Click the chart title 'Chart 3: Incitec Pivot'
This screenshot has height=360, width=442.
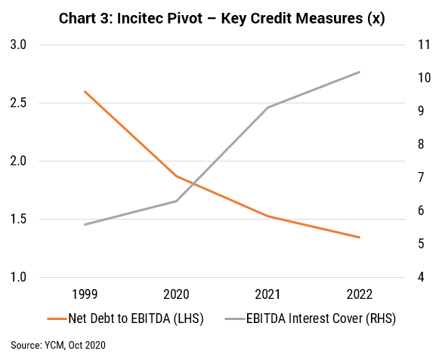tap(131, 19)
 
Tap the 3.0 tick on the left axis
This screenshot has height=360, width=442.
tap(18, 45)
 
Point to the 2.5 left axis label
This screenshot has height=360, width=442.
tap(18, 103)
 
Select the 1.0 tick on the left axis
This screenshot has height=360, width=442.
tap(18, 277)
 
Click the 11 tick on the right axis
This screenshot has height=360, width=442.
tap(424, 45)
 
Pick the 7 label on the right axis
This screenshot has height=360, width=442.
tap(421, 177)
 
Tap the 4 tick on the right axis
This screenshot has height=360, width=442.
tap(421, 277)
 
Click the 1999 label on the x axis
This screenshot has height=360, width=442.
tap(85, 294)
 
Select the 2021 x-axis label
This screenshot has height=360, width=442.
tap(267, 294)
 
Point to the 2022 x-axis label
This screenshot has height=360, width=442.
tap(360, 294)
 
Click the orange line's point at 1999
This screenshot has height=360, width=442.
tap(85, 91)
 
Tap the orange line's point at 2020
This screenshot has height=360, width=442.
tap(177, 176)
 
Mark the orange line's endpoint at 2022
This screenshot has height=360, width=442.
tap(360, 237)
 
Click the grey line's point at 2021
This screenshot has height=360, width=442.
tap(267, 107)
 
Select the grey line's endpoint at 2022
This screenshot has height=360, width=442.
tap(360, 72)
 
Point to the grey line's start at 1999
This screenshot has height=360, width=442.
tap(85, 224)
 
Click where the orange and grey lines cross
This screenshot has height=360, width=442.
tap(193, 183)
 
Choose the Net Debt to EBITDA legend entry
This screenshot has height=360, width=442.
tap(125, 318)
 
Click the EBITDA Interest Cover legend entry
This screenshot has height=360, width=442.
tap(311, 318)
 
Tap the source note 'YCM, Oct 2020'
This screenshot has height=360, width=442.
tap(75, 346)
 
